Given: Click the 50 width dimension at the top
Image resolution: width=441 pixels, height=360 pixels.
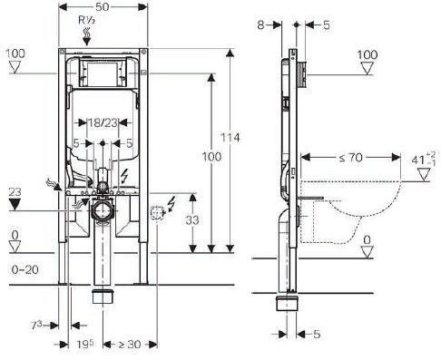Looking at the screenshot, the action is coord(102,7).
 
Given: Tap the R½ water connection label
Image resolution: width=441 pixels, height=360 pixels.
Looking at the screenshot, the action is coord(87,21).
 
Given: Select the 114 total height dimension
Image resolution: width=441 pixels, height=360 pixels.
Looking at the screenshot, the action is coord(230,138).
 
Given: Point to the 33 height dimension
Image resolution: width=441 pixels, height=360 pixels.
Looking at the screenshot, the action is coord(192,220).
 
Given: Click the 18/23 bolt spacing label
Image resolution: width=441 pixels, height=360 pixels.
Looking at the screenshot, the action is coord(103,122).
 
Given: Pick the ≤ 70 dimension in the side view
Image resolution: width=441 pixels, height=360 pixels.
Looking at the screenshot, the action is coord(350,158).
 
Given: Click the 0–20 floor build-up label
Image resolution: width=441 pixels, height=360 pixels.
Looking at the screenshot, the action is coord(25,269).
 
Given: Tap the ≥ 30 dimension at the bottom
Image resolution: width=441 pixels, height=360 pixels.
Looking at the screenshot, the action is coord(130,344).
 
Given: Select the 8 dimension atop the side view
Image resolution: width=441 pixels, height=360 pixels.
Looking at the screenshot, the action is coord(260,25).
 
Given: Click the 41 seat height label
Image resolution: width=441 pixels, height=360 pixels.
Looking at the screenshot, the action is coord(424,160).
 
